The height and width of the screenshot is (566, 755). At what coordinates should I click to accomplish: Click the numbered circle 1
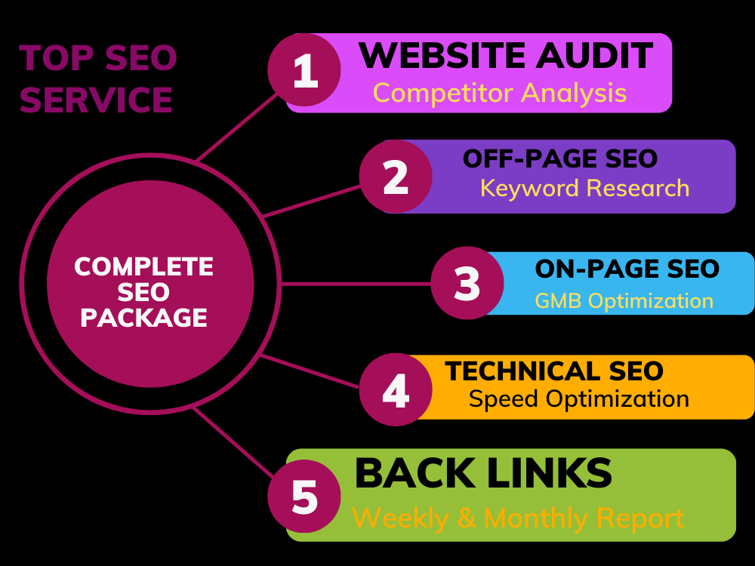pos(304,69)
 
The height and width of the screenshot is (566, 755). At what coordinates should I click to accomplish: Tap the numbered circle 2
pos(396,176)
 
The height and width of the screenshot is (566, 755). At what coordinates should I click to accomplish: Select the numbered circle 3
pos(467,283)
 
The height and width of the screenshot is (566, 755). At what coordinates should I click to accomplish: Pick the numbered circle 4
pos(396,389)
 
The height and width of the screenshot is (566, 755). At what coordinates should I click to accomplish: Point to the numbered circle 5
pos(304,497)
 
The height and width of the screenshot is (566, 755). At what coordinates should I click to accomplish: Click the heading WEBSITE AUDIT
pos(506,55)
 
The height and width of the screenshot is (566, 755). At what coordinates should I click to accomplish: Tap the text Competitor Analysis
pos(500,93)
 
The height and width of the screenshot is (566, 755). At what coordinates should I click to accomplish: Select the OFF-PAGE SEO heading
pos(560,158)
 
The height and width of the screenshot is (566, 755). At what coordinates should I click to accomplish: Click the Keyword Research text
pos(585,188)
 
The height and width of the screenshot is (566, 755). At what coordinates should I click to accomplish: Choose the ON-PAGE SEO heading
pos(627,269)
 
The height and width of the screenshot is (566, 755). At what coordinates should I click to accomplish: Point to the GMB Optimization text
pos(624,301)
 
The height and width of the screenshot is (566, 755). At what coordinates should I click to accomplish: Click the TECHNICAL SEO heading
pos(554,371)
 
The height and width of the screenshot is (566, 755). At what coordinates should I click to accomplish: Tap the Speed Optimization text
pos(579,399)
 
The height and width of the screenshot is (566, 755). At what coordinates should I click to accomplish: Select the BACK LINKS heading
pos(483,473)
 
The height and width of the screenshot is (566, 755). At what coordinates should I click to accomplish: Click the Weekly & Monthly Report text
pos(518,518)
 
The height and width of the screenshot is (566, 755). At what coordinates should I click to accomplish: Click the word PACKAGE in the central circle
pos(143,318)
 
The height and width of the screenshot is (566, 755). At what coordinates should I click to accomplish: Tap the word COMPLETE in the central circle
pos(143,266)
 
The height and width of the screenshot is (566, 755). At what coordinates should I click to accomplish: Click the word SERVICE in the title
pos(96,100)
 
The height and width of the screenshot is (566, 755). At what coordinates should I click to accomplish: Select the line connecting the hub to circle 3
pos(356,284)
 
